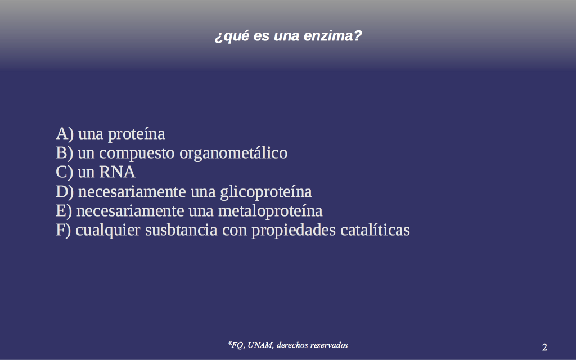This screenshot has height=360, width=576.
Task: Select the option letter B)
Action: click(x=64, y=153)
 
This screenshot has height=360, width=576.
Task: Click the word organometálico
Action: click(x=233, y=154)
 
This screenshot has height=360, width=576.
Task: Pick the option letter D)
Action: click(x=65, y=192)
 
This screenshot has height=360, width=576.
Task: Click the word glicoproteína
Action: click(x=266, y=192)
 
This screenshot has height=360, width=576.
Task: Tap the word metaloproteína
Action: click(x=271, y=211)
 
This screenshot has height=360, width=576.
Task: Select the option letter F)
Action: click(x=63, y=230)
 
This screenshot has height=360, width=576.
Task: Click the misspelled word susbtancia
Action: click(x=181, y=230)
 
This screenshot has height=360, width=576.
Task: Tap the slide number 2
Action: click(x=544, y=347)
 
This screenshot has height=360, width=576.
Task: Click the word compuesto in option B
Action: click(x=137, y=154)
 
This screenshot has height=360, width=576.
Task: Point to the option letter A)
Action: click(x=65, y=134)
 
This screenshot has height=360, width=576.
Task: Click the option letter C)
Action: click(x=64, y=172)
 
